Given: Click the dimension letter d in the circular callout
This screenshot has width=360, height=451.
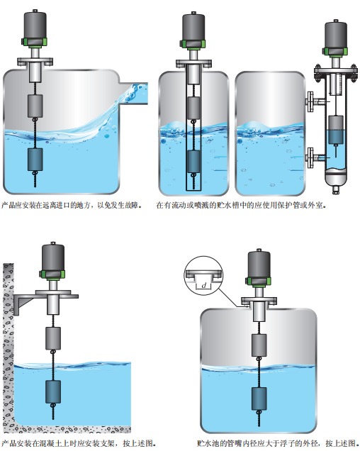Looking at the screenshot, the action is (204, 285).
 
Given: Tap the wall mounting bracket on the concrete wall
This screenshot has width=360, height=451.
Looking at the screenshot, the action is (23, 304).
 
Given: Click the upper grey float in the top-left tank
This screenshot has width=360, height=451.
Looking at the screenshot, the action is (35, 106).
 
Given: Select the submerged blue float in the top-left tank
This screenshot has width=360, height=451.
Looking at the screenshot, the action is (35, 160).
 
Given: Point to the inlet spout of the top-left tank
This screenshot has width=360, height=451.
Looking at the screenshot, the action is (133, 94).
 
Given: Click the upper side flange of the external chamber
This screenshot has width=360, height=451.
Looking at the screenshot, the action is (310, 101).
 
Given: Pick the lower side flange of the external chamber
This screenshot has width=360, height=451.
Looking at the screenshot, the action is (310, 157).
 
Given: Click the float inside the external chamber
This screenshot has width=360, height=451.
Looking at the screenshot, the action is (336, 130).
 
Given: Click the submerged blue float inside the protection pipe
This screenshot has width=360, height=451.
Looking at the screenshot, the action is (193, 162).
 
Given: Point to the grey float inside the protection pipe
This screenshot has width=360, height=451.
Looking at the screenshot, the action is (193, 108).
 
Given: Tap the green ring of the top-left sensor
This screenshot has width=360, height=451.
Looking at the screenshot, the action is (35, 42).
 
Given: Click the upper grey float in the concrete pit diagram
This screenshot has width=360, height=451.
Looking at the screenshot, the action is (53, 338).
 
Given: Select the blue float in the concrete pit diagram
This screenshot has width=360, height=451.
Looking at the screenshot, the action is (53, 391).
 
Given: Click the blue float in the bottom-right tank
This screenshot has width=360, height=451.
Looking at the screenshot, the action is (259, 399).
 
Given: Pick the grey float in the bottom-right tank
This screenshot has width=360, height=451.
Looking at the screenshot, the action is (259, 345).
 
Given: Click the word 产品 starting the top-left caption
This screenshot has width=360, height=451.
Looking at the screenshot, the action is (9, 205).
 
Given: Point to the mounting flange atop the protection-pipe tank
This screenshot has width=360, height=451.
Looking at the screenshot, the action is (193, 63).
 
